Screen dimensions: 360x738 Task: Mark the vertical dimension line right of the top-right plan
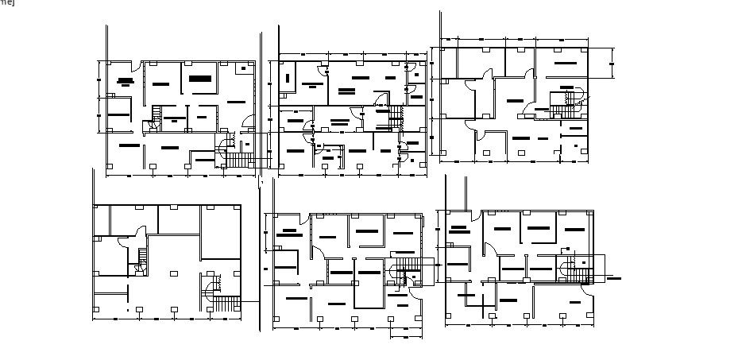click(x=612, y=64)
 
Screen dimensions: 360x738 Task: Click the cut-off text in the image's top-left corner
click(x=6, y=2)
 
